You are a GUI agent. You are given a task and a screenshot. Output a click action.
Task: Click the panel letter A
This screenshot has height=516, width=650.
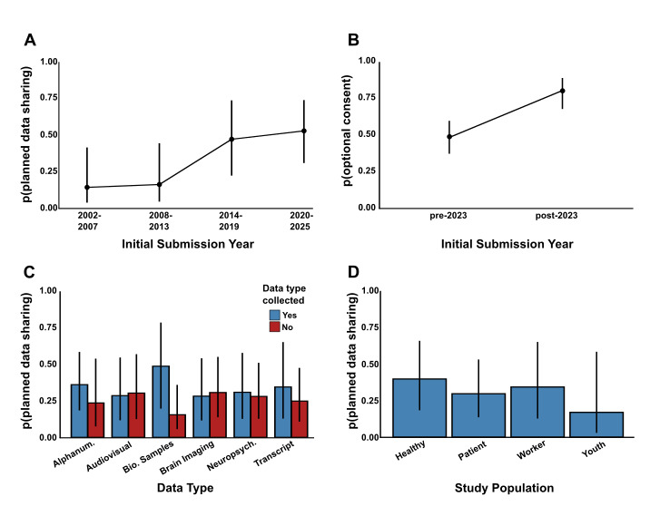(32, 40)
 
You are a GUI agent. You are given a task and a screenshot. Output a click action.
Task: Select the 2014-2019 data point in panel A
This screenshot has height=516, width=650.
(231, 139)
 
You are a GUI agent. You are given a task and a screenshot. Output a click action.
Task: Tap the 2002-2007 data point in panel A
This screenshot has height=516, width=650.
(87, 187)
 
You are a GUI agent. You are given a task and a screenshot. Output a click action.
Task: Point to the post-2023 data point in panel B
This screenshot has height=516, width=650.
(562, 91)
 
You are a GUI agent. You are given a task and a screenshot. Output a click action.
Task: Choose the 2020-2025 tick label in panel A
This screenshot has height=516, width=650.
(304, 222)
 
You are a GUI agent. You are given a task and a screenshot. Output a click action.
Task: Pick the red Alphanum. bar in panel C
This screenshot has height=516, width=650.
(96, 420)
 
